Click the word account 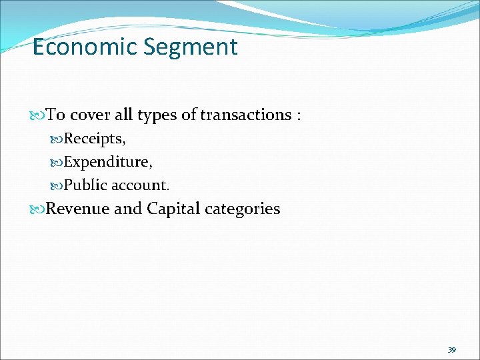145,184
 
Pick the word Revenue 78,209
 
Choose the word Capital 173,209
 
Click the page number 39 451,349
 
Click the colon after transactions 299,115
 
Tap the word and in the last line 128,209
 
